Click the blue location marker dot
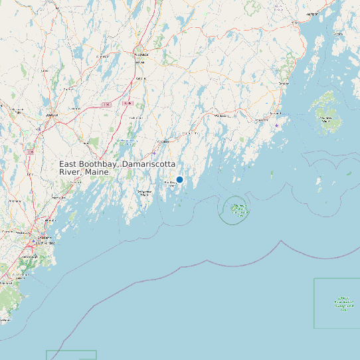pos(179,179)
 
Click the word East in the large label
pos(69,164)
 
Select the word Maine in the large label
pos(96,173)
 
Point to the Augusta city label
pos(141,54)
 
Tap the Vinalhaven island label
pos(325,118)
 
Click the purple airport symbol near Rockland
pos(276,125)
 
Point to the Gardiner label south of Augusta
pos(140,78)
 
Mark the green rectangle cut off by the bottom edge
pos(71,355)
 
